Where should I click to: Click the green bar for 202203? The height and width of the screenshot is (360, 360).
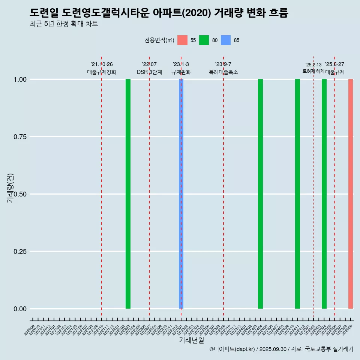click(x=128, y=194)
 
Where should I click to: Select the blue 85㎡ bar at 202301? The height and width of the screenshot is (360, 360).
click(x=181, y=194)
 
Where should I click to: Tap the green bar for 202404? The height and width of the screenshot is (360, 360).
click(x=260, y=194)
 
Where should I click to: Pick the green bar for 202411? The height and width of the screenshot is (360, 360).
click(x=297, y=194)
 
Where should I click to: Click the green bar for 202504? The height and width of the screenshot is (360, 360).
click(x=324, y=194)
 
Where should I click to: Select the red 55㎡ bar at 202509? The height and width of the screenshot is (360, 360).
click(x=351, y=194)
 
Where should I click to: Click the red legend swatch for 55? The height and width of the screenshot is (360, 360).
click(x=182, y=40)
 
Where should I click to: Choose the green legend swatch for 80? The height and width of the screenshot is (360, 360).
click(x=204, y=40)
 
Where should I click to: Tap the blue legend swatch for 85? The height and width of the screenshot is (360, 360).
click(x=226, y=40)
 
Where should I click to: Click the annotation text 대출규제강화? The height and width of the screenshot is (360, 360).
click(x=102, y=72)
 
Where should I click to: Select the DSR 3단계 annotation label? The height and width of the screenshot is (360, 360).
click(x=149, y=72)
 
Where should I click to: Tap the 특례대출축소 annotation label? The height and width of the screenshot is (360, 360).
click(x=223, y=72)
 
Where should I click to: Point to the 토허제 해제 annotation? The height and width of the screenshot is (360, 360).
click(x=313, y=71)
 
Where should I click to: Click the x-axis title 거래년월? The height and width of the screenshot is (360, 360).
click(x=192, y=340)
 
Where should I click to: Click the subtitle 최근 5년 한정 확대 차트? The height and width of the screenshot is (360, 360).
click(x=64, y=24)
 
